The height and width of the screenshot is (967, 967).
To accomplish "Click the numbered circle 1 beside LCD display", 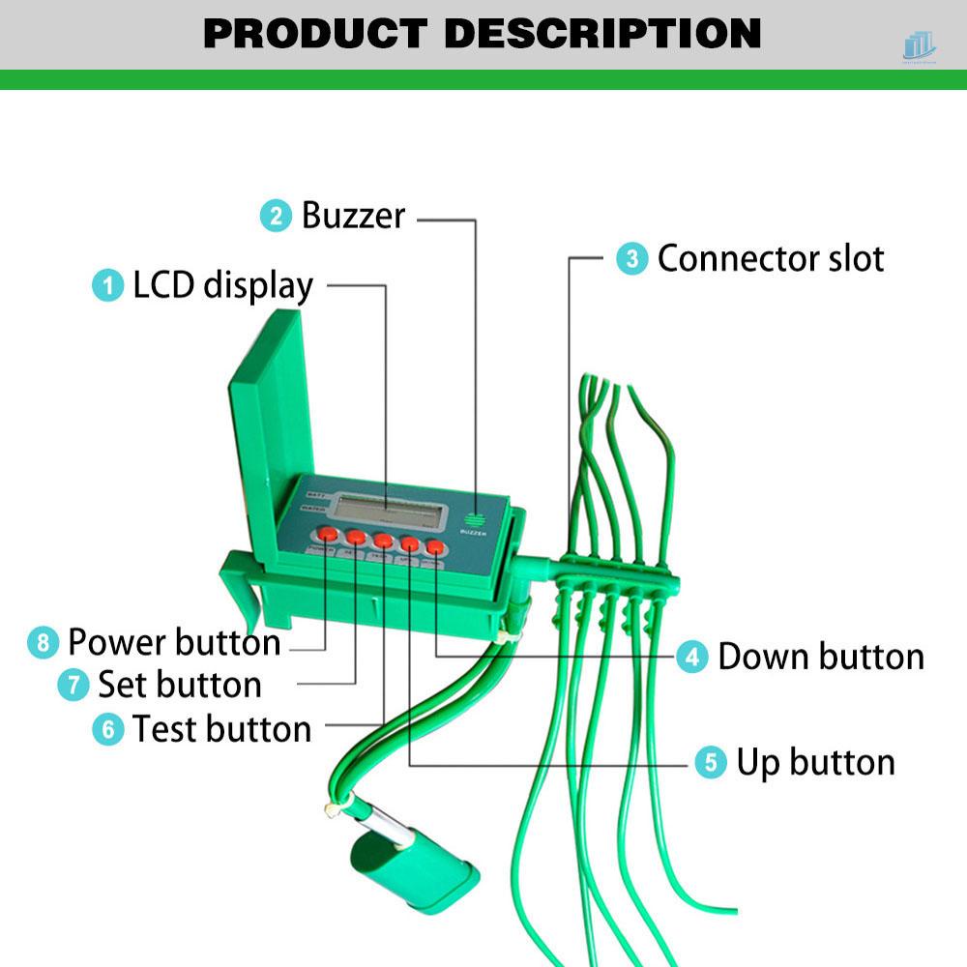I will coord(108,285).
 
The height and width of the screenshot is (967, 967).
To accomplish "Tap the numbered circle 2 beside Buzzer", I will coord(277,215).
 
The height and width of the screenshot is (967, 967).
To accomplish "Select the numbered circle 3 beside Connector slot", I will coord(632,258).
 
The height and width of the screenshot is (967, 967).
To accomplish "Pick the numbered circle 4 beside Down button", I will coord(691,657).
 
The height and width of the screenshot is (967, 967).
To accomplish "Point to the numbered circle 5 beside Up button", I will coord(711,762).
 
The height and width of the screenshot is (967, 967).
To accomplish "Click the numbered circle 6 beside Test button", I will coord(108,728).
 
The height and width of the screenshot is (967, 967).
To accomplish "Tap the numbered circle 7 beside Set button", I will coord(73,685).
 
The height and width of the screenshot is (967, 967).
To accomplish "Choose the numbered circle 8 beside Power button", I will coord(43,642).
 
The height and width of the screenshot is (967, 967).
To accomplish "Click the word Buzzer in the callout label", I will coord(353,215).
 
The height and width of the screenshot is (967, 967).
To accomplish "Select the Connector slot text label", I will coord(771,258).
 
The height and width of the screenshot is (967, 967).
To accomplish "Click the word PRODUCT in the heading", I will coord(315,34).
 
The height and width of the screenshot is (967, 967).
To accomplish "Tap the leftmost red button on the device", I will coord(328,534).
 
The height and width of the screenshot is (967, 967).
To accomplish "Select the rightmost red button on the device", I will coord(435,547).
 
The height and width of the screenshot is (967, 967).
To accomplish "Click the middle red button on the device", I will coord(383,541).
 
